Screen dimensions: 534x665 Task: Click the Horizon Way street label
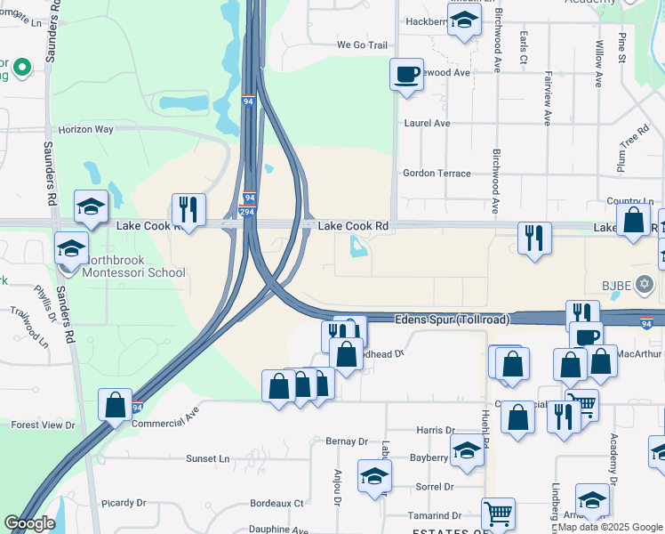86,129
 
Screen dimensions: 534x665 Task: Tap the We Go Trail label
363,44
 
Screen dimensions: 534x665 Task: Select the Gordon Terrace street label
437,174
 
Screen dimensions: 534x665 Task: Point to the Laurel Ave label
427,124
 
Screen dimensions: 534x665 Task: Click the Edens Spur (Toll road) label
453,319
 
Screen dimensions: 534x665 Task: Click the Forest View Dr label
43,425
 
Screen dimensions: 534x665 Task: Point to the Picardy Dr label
123,503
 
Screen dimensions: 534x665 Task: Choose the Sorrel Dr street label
435,487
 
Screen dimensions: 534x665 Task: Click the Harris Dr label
435,430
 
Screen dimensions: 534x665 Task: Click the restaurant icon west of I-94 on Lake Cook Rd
188,209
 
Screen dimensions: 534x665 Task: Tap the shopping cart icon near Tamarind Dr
498,512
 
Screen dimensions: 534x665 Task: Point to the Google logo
30,524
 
